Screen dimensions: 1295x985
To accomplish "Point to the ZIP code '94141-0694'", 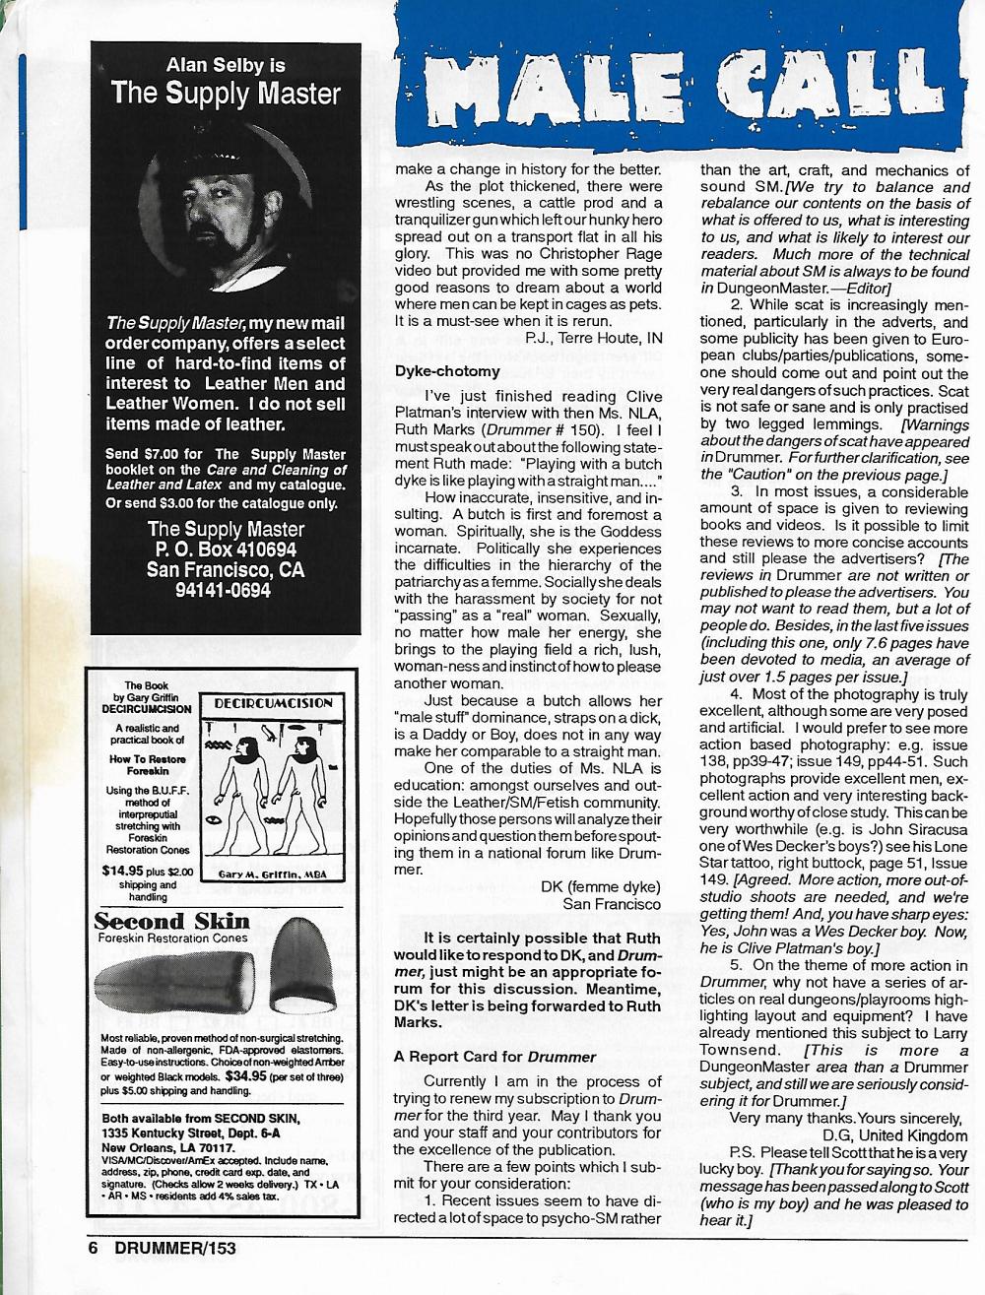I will [225, 590].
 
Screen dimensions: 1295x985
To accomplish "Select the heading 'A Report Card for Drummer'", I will [495, 1057].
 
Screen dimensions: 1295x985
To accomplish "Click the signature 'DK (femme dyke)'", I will [600, 885].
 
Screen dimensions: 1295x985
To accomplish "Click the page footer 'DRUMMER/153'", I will [175, 1247].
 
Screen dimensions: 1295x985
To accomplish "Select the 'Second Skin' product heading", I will [171, 922].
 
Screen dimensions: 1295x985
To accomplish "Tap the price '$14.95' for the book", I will [121, 870].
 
